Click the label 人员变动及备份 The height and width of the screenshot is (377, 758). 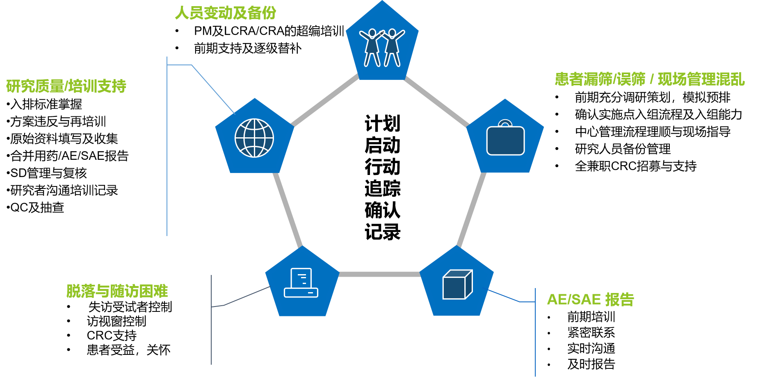pyautogui.click(x=226, y=13)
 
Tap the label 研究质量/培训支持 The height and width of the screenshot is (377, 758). pyautogui.click(x=66, y=86)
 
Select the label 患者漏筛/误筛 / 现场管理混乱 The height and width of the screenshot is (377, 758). pyautogui.click(x=649, y=79)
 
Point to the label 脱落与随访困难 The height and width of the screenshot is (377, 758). pyautogui.click(x=117, y=291)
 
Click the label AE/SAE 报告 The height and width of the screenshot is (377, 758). pyautogui.click(x=590, y=300)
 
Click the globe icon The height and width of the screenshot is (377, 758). pyautogui.click(x=254, y=138)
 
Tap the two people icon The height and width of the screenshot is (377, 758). pyautogui.click(x=382, y=47)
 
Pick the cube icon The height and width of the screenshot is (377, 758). pyautogui.click(x=457, y=284)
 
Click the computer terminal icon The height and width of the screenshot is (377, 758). pyautogui.click(x=301, y=283)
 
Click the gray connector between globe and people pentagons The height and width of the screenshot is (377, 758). pyautogui.click(x=325, y=100)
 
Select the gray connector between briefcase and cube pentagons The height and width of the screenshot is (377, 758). pyautogui.click(x=472, y=209)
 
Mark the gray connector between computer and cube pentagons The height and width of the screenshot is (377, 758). pyautogui.click(x=379, y=274)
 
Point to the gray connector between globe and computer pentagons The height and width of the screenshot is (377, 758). pyautogui.click(x=288, y=209)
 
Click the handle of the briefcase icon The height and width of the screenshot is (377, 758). pyautogui.click(x=505, y=123)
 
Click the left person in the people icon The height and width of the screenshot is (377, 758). pyautogui.click(x=372, y=47)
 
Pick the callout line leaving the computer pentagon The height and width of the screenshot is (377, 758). pyautogui.click(x=246, y=296)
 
